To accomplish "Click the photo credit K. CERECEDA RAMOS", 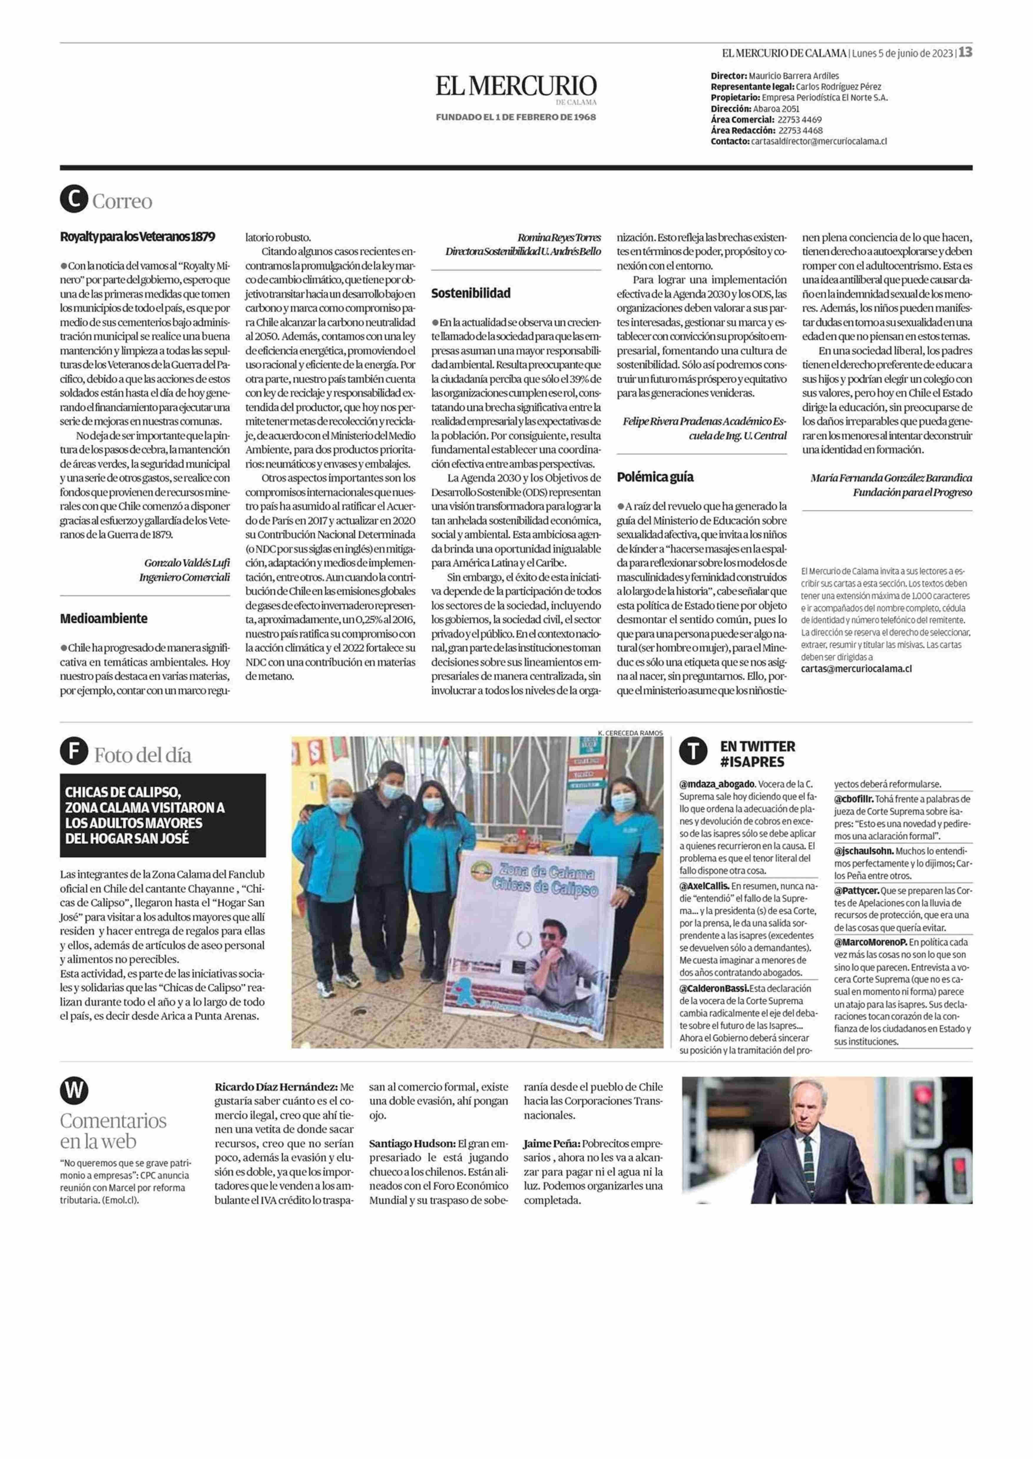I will point(630,733).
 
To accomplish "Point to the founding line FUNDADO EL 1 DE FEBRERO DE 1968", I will point(516,117).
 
